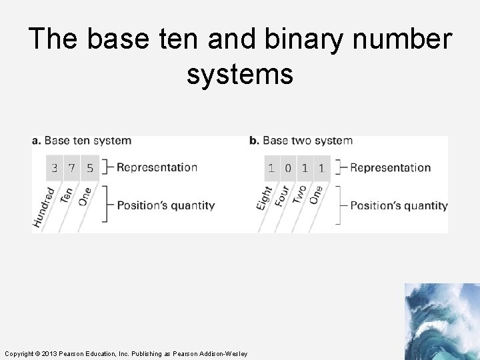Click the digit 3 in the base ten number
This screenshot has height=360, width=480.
click(x=55, y=168)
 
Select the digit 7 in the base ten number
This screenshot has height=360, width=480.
click(x=72, y=168)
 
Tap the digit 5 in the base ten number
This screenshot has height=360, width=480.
click(x=89, y=168)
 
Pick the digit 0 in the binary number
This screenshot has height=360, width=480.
click(x=288, y=168)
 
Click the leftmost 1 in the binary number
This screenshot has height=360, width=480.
click(x=271, y=168)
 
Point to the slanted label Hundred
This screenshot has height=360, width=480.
click(x=44, y=207)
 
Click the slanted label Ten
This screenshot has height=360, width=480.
click(x=67, y=195)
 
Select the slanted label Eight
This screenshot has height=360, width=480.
click(x=265, y=198)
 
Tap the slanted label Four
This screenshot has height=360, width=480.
click(x=282, y=196)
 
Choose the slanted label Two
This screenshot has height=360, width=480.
click(x=300, y=195)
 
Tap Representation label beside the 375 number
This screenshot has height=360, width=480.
click(x=157, y=167)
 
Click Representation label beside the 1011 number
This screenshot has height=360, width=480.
click(x=390, y=167)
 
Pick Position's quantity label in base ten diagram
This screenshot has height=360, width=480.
click(x=166, y=205)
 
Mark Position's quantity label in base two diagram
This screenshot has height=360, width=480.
click(x=399, y=205)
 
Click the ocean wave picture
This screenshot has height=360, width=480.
click(x=441, y=321)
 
